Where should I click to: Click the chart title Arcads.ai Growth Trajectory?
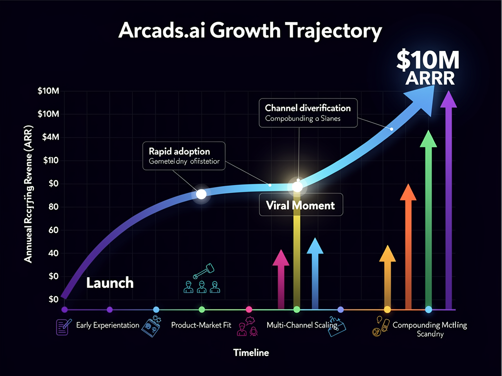click(251, 31)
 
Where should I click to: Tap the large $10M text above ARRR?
click(428, 61)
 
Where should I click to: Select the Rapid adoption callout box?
click(184, 156)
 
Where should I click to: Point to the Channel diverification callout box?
click(308, 113)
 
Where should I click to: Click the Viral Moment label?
click(301, 205)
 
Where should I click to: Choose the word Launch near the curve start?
click(110, 282)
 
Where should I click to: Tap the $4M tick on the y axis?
click(51, 137)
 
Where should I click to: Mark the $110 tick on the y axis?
click(51, 160)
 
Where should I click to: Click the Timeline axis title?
click(251, 352)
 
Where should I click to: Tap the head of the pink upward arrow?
click(281, 258)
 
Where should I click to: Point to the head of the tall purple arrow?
click(448, 99)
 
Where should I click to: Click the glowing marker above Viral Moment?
click(297, 187)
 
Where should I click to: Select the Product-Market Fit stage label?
click(201, 325)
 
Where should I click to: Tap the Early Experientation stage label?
click(108, 325)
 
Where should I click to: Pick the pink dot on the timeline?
click(249, 309)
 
